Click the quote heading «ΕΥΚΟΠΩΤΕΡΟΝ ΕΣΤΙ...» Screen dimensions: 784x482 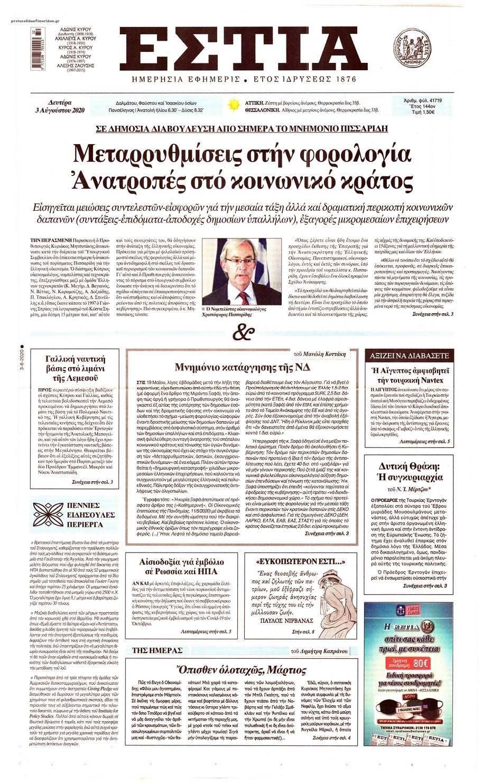[290, 562]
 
